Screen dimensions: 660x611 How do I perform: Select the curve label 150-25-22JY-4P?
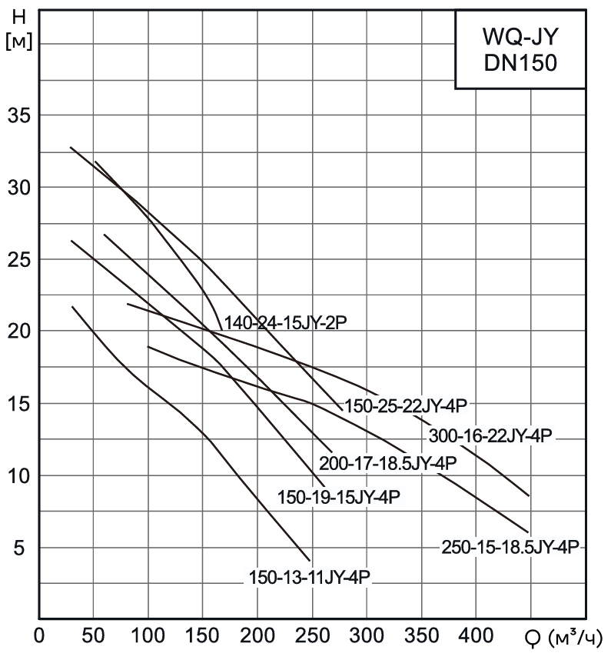pyautogui.click(x=405, y=405)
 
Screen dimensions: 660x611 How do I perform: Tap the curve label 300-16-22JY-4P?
pyautogui.click(x=489, y=435)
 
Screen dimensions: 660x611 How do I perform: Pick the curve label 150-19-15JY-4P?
pyautogui.click(x=339, y=497)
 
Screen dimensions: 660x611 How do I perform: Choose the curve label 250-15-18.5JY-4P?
pyautogui.click(x=510, y=547)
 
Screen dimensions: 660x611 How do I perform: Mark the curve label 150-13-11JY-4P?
pyautogui.click(x=310, y=577)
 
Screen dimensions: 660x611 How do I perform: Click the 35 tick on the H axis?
pyautogui.click(x=18, y=115)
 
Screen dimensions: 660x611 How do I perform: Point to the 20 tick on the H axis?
pyautogui.click(x=18, y=332)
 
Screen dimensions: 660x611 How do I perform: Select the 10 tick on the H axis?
pyautogui.click(x=18, y=476)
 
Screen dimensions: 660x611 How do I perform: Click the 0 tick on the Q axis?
pyautogui.click(x=39, y=637)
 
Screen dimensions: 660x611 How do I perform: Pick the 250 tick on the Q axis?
pyautogui.click(x=312, y=637)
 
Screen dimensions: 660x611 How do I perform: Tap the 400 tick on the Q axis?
pyautogui.click(x=477, y=637)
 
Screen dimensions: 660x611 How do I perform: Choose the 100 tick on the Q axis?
pyautogui.click(x=148, y=637)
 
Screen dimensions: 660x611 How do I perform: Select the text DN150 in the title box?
pyautogui.click(x=520, y=65)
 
